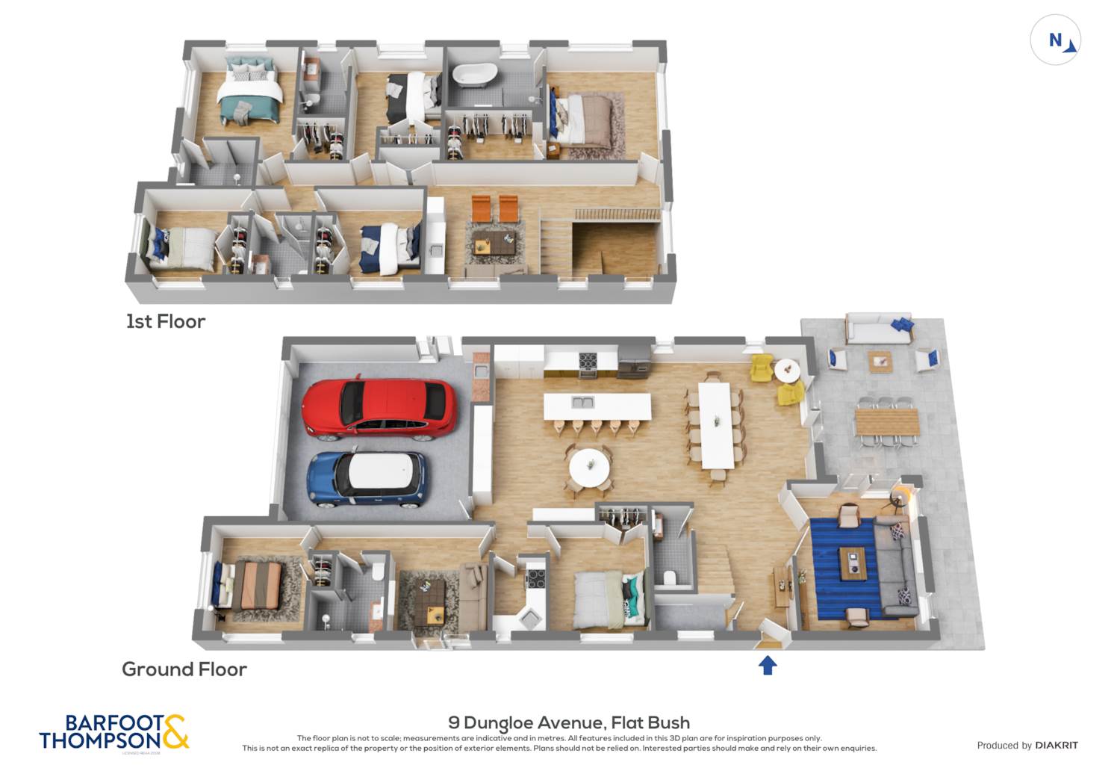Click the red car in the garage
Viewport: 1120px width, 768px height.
[x=379, y=407]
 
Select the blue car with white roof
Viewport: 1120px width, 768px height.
[x=367, y=477]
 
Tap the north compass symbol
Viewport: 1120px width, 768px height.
[x=1055, y=40]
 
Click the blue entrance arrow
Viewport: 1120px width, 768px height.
[x=768, y=665]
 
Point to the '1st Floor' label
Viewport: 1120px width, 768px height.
[x=165, y=321]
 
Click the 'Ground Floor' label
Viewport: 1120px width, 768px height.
[x=184, y=669]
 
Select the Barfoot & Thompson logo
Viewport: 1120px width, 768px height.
[x=114, y=732]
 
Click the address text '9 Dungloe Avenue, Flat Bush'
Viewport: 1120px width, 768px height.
[x=569, y=722]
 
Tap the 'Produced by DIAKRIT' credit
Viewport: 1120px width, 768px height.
[x=1027, y=745]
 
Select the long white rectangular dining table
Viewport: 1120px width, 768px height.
[x=715, y=424]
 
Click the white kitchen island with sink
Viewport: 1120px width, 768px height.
[x=597, y=406]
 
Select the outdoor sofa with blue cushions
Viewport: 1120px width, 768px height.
[x=879, y=329]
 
